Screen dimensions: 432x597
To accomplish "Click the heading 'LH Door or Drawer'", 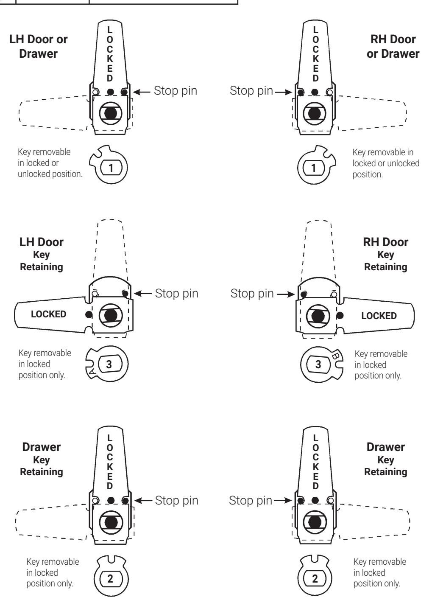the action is click(x=38, y=46).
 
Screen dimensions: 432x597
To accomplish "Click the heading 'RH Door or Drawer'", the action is click(x=393, y=46).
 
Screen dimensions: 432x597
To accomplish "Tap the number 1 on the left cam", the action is click(x=111, y=168).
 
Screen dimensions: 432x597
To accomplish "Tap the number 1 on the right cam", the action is click(x=314, y=168).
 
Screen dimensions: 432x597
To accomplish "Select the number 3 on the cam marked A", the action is click(x=109, y=364).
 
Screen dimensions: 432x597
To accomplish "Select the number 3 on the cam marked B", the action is click(x=318, y=364).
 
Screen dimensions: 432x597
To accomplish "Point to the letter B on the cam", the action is click(x=335, y=356).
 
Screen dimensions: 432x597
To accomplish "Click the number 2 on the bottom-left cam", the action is click(x=110, y=579).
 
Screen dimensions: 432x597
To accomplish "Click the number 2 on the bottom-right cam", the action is click(x=315, y=579).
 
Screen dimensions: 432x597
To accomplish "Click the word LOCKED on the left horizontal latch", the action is click(x=48, y=314).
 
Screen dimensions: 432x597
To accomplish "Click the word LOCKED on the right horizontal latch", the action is click(x=379, y=316).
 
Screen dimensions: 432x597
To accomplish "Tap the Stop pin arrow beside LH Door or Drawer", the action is click(x=142, y=92).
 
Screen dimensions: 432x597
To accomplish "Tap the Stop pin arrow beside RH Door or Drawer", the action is click(x=284, y=92).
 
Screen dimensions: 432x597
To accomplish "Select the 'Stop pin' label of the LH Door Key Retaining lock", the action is click(x=177, y=294).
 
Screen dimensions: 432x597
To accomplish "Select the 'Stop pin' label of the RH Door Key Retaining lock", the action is click(x=252, y=294).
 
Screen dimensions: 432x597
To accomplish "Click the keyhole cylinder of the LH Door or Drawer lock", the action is click(x=111, y=113).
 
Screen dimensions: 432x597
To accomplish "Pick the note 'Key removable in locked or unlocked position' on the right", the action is click(x=386, y=163).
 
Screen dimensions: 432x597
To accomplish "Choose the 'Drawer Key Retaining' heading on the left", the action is click(x=42, y=459).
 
